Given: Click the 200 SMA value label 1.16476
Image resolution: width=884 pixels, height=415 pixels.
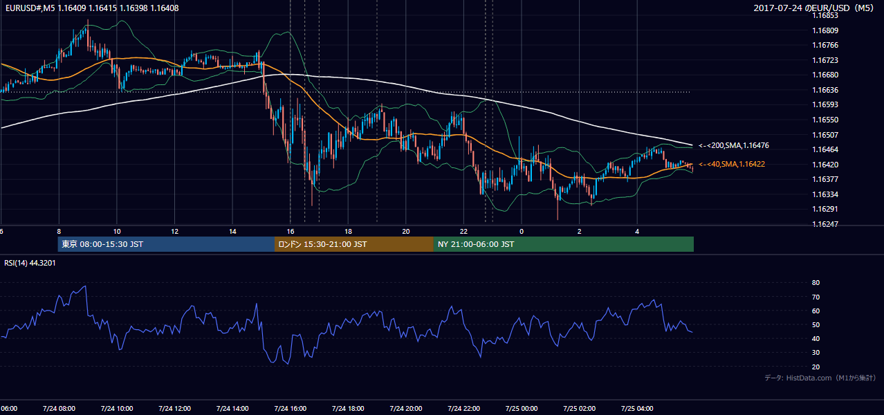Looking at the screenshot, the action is [x=734, y=145].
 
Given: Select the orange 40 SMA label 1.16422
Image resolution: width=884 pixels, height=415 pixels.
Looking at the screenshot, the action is [x=732, y=164].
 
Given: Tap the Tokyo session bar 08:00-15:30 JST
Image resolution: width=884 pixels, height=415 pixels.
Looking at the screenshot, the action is [x=166, y=244].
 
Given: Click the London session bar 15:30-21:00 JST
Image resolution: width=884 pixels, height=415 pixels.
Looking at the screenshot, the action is [x=354, y=244].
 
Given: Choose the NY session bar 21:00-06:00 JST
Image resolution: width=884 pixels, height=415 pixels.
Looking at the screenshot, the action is [x=564, y=244].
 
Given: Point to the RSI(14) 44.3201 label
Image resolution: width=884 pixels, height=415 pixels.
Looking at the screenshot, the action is [x=30, y=263].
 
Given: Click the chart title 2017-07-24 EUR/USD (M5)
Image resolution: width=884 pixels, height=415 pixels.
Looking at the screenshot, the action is [x=813, y=8].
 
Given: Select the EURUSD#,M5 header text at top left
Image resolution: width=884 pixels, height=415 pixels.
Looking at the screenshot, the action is [x=92, y=8].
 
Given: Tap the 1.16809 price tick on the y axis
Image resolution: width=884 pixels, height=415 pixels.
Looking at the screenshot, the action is [x=825, y=30].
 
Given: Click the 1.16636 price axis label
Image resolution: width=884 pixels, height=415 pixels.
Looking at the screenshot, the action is [x=825, y=90].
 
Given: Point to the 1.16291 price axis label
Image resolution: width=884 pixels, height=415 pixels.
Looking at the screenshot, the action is [x=825, y=209].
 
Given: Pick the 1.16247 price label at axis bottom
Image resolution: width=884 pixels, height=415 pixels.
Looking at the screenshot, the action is [x=825, y=224].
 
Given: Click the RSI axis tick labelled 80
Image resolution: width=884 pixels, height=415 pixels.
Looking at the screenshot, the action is [x=816, y=282].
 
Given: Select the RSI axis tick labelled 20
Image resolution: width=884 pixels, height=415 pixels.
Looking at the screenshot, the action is [x=816, y=367].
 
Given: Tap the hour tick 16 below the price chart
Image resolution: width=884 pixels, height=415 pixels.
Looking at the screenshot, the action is [x=291, y=232].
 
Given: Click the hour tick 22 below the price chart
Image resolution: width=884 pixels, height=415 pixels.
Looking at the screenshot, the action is [x=463, y=232].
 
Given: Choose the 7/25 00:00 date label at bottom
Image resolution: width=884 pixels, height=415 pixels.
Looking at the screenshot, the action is [x=522, y=409].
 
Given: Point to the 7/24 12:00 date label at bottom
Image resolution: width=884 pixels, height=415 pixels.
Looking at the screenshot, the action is [x=174, y=409].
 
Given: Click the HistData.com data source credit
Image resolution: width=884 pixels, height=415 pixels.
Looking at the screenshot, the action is [x=820, y=378].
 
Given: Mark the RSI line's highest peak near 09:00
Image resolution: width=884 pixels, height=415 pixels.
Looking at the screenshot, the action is [x=85, y=286].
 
